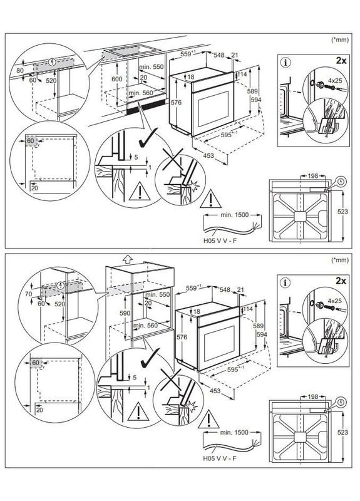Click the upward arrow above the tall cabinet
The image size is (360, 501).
click(128, 257)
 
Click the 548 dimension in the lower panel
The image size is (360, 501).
click(220, 291)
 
